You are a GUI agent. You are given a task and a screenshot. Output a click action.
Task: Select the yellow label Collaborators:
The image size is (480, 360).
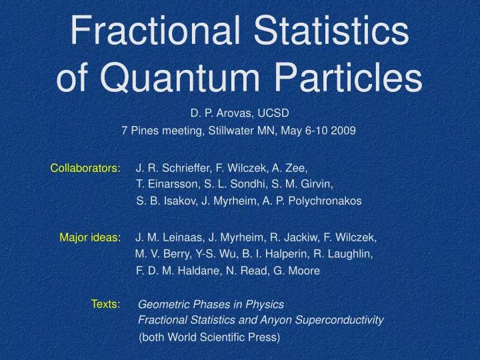point(85,169)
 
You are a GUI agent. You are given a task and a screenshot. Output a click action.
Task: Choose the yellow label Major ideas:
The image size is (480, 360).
point(90,237)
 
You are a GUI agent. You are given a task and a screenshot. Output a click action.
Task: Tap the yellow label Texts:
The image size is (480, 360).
point(105,304)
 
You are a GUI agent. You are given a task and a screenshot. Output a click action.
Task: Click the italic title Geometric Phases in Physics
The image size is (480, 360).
point(211,304)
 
